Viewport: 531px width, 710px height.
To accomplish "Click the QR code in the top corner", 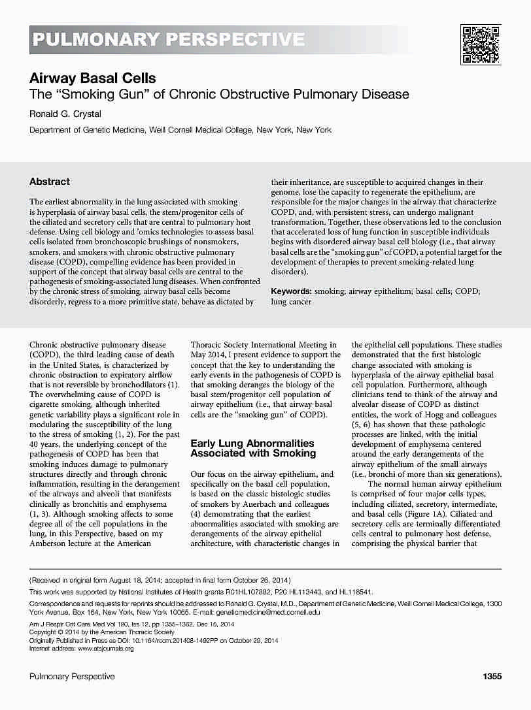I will (x=481, y=44).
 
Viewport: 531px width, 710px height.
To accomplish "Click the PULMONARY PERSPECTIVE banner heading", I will (x=168, y=40).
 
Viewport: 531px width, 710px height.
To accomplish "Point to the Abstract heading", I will (x=50, y=182).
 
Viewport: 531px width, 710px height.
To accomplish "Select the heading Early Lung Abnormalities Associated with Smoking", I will (x=253, y=448).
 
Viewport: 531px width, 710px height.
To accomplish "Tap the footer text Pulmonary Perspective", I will (x=72, y=677).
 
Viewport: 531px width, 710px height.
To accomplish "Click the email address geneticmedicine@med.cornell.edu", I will (x=269, y=613).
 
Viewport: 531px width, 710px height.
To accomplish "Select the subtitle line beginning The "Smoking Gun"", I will (x=219, y=94).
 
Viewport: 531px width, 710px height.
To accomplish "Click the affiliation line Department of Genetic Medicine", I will (x=180, y=130).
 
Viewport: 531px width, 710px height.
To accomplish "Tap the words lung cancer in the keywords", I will (x=291, y=302).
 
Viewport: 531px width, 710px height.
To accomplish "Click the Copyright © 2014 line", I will (x=102, y=632).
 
